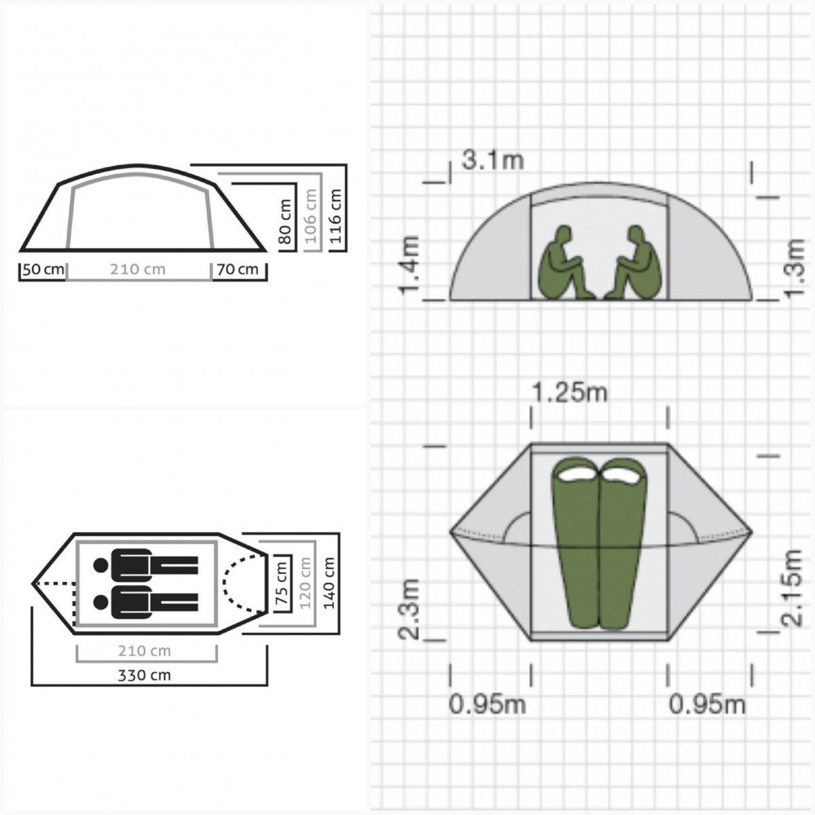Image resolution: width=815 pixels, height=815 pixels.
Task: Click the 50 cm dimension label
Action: coord(43,270)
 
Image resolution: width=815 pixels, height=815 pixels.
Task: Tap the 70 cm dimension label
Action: coord(238,270)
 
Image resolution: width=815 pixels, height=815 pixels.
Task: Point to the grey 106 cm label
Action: coord(311,216)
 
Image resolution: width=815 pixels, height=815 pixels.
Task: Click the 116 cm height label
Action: coord(336,216)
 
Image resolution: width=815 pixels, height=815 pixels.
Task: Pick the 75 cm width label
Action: coord(282,583)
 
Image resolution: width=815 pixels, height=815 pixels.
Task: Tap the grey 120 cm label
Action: coord(306,583)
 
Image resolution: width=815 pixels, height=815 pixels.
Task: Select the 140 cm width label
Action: coord(329,583)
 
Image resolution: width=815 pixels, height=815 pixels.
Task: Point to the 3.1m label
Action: coord(492,160)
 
